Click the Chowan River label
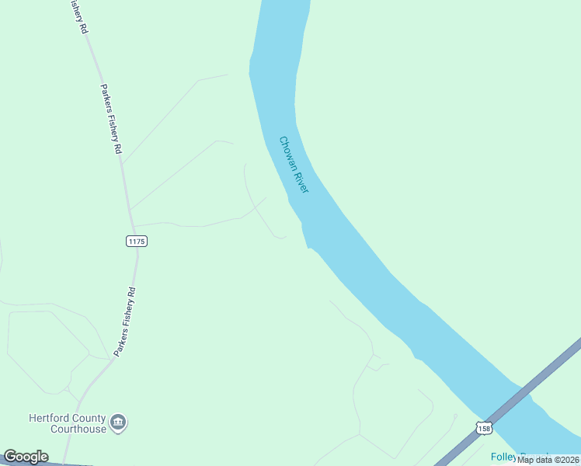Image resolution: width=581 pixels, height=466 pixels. click(x=294, y=165)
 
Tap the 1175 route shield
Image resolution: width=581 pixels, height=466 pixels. click(x=136, y=242)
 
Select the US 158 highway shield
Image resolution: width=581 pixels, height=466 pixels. click(x=484, y=428)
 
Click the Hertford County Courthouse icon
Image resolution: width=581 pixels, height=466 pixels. click(x=118, y=423)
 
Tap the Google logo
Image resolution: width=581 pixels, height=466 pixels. click(x=26, y=457)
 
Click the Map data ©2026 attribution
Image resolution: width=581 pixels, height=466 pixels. click(x=548, y=460)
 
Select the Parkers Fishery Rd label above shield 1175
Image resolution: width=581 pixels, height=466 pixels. click(x=112, y=120)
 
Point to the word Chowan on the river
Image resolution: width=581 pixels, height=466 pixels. click(x=287, y=150)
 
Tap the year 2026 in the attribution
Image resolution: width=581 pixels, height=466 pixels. click(x=567, y=460)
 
